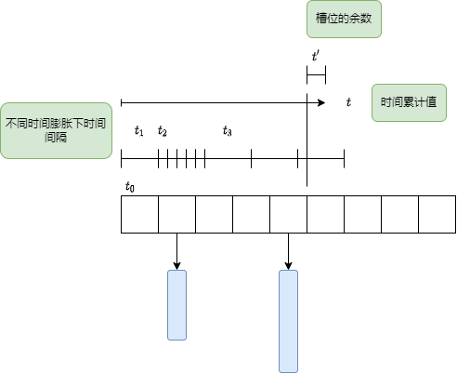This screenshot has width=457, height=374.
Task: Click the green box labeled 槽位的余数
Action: click(x=344, y=19)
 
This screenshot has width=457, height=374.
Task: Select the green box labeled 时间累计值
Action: click(x=409, y=102)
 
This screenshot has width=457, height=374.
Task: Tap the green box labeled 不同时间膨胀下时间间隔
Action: click(x=56, y=130)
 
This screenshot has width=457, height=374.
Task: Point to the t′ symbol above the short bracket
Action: click(x=316, y=57)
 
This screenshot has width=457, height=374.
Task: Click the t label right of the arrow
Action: click(x=348, y=102)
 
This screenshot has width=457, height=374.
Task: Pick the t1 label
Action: click(x=139, y=131)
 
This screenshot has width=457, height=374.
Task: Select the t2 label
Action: click(x=163, y=131)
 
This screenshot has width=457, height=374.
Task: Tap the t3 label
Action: click(x=228, y=131)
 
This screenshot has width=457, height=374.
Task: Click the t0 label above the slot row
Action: click(x=130, y=187)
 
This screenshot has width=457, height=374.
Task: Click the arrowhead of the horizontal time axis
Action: click(x=322, y=102)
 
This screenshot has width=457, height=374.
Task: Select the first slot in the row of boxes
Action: click(x=139, y=214)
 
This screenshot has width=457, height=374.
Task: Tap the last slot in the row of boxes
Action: click(x=437, y=214)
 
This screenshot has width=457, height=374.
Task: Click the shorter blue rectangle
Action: click(x=176, y=305)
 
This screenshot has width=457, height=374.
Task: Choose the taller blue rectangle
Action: click(x=288, y=321)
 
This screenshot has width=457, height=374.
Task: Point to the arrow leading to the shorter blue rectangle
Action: click(x=176, y=251)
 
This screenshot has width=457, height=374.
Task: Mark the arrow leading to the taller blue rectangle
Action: click(x=288, y=251)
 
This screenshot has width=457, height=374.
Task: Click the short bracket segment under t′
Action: click(x=316, y=74)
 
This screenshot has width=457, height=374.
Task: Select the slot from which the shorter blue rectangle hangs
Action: click(x=176, y=214)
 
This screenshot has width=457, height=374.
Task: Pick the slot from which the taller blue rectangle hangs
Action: click(x=288, y=214)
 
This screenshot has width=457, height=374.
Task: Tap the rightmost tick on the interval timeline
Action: click(x=344, y=158)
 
